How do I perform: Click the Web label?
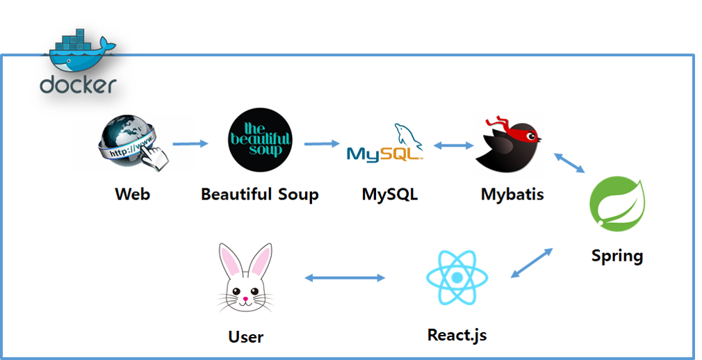pyautogui.click(x=132, y=193)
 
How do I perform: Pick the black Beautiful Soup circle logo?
pyautogui.click(x=260, y=140)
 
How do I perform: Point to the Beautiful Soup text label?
pyautogui.click(x=260, y=193)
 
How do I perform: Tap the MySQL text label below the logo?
pyautogui.click(x=390, y=193)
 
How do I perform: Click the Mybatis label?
pyautogui.click(x=512, y=193)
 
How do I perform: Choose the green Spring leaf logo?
pyautogui.click(x=618, y=204)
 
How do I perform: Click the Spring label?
pyautogui.click(x=617, y=255)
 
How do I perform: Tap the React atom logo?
pyautogui.click(x=457, y=278)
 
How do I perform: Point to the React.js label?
pyautogui.click(x=457, y=335)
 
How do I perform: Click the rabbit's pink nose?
pyautogui.click(x=245, y=300)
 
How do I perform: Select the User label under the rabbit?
pyautogui.click(x=246, y=337)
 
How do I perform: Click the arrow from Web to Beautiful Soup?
pyautogui.click(x=190, y=144)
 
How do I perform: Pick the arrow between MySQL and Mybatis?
pyautogui.click(x=453, y=146)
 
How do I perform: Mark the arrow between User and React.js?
pyautogui.click(x=345, y=278)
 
